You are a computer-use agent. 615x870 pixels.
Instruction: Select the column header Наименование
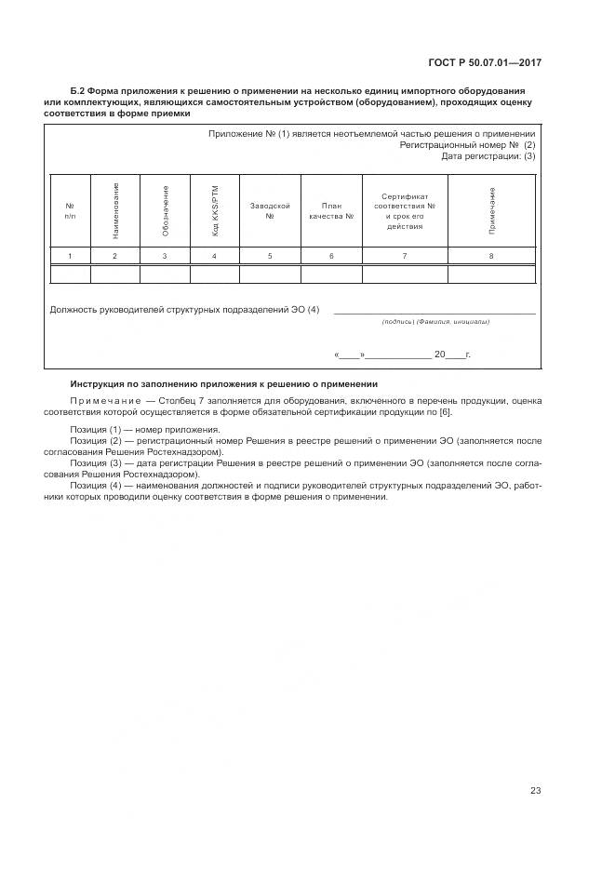tap(115, 209)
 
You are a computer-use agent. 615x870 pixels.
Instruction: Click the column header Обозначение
tap(165, 209)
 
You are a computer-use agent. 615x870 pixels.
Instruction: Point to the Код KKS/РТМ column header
tap(215, 209)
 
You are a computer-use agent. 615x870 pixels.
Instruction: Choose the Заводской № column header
tap(270, 210)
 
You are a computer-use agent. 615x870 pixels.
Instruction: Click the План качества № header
tap(331, 210)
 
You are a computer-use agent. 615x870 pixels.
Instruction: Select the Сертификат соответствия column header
tap(405, 211)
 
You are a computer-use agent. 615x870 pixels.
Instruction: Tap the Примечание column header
tap(491, 209)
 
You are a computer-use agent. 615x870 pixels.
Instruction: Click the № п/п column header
tap(70, 210)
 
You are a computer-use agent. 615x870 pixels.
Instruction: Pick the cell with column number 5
tap(270, 255)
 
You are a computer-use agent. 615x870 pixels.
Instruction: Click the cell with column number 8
tap(491, 255)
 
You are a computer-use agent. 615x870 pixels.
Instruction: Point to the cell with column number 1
tap(70, 255)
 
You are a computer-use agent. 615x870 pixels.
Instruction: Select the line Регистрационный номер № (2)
tap(467, 145)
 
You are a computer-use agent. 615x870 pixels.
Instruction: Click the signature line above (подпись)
tap(434, 313)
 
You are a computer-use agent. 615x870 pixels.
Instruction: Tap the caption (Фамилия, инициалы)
tap(453, 322)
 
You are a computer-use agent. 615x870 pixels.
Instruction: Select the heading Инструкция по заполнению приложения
tap(224, 383)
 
